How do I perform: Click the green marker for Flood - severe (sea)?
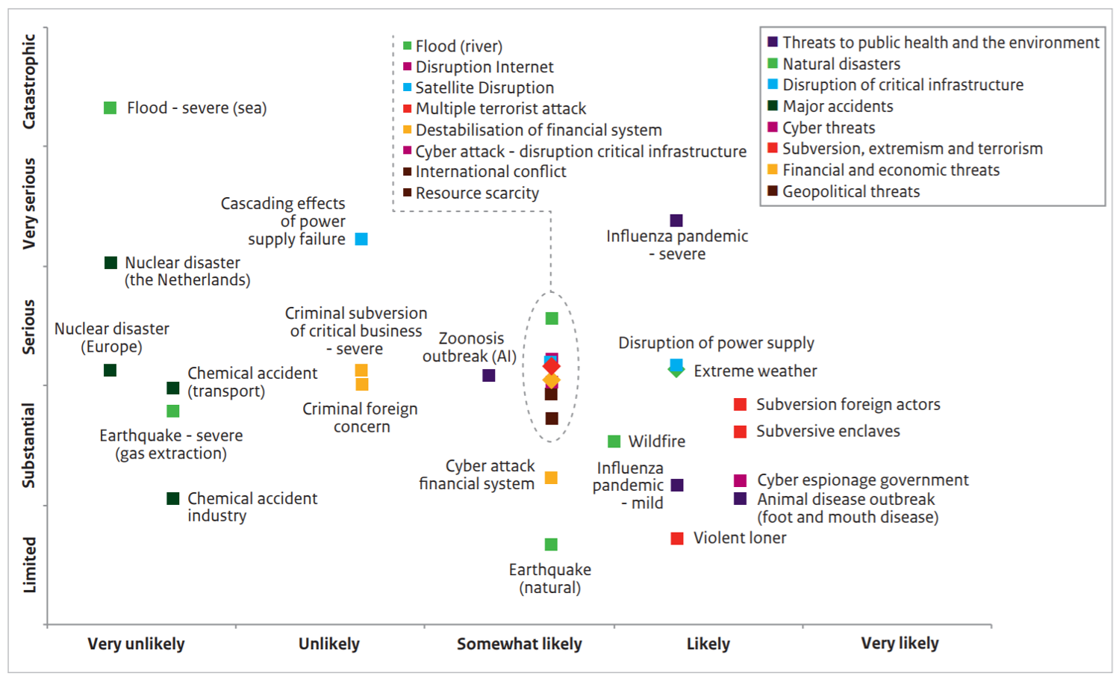[110, 108]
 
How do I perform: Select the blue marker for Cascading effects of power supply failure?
[361, 239]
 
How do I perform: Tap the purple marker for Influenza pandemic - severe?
[676, 220]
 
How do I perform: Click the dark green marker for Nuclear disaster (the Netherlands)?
[110, 262]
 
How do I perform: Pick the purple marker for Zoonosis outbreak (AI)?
[489, 375]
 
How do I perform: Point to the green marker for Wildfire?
[614, 441]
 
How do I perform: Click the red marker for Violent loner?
[677, 539]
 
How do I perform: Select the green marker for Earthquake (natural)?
[551, 545]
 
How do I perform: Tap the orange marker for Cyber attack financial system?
[551, 477]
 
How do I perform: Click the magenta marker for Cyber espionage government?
[740, 480]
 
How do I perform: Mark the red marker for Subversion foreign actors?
[740, 405]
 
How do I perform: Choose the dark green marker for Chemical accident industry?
[173, 498]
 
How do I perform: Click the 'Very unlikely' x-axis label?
[136, 644]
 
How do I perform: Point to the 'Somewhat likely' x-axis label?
[519, 644]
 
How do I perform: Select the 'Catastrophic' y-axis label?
[29, 81]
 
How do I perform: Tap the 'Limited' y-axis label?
[29, 565]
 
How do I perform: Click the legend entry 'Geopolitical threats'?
[850, 192]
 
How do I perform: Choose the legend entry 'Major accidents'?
[837, 107]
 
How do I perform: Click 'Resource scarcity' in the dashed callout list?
[477, 193]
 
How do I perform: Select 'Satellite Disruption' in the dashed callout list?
[484, 88]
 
